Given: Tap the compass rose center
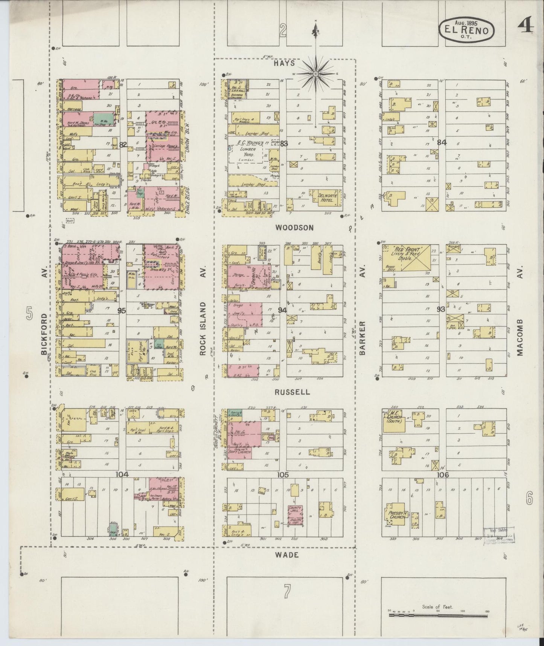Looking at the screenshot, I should [315, 74].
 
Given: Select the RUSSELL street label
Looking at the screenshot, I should [292, 392].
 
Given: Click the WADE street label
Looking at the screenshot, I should [287, 555].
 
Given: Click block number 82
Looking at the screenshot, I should [123, 144].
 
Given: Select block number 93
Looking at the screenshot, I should [441, 309].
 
